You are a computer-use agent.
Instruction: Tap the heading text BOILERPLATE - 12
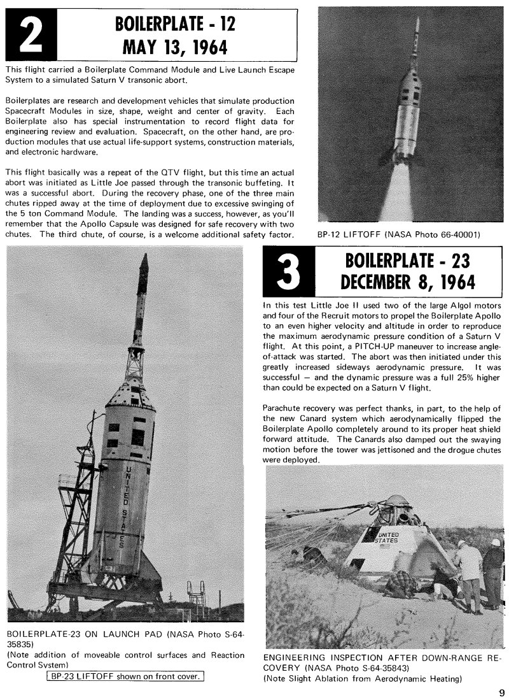coord(175,24)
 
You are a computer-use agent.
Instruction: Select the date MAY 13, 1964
coord(175,48)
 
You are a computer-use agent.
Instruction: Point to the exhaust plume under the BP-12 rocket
coord(399,194)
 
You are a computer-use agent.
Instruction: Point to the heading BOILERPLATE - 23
coord(408,261)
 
